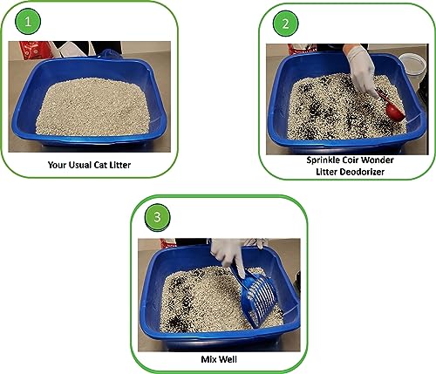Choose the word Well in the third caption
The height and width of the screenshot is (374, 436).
(228, 357)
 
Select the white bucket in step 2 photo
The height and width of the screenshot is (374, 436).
(412, 65)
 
